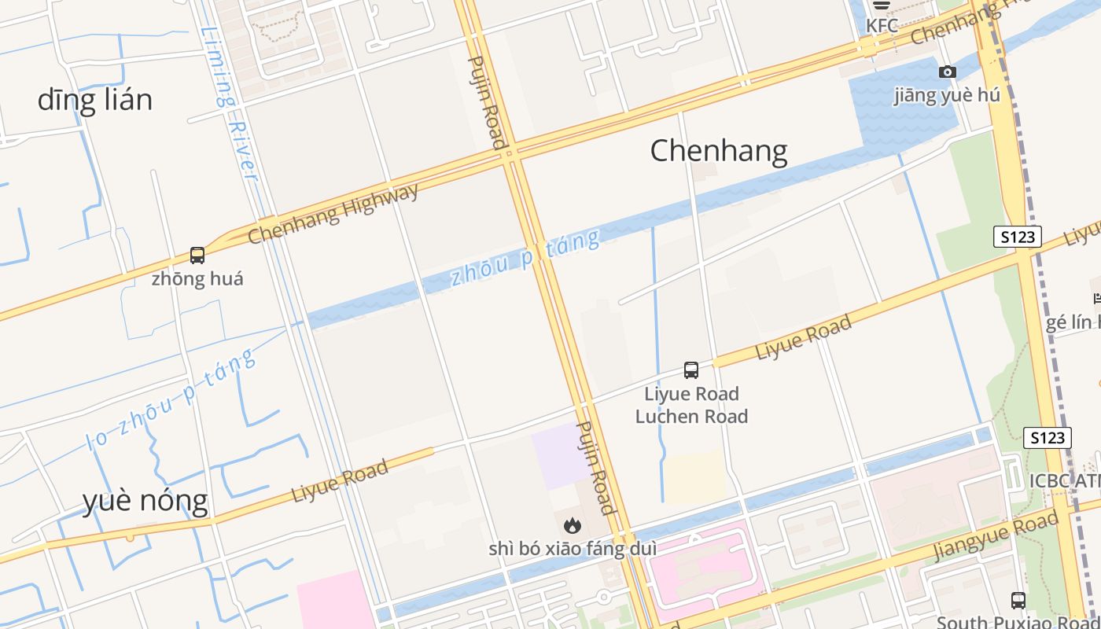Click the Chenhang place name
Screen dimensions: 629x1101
718,150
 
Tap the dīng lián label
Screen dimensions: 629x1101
94,100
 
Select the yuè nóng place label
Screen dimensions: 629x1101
145,500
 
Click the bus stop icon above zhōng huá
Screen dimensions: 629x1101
197,256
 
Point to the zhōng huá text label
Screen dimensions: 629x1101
197,278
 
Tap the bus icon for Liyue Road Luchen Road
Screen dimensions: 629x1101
691,370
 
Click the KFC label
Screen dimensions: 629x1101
882,25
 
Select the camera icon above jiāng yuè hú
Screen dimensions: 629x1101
948,72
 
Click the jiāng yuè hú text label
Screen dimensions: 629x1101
947,95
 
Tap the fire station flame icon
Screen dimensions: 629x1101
573,524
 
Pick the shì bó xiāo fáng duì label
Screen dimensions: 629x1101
573,548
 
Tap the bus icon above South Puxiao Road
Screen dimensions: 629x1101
1018,601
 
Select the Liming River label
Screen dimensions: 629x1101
229,102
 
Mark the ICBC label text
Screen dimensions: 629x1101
1064,480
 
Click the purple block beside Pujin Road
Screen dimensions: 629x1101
560,454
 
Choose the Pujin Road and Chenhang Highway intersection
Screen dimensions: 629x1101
510,154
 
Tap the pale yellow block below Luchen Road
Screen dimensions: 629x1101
695,476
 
